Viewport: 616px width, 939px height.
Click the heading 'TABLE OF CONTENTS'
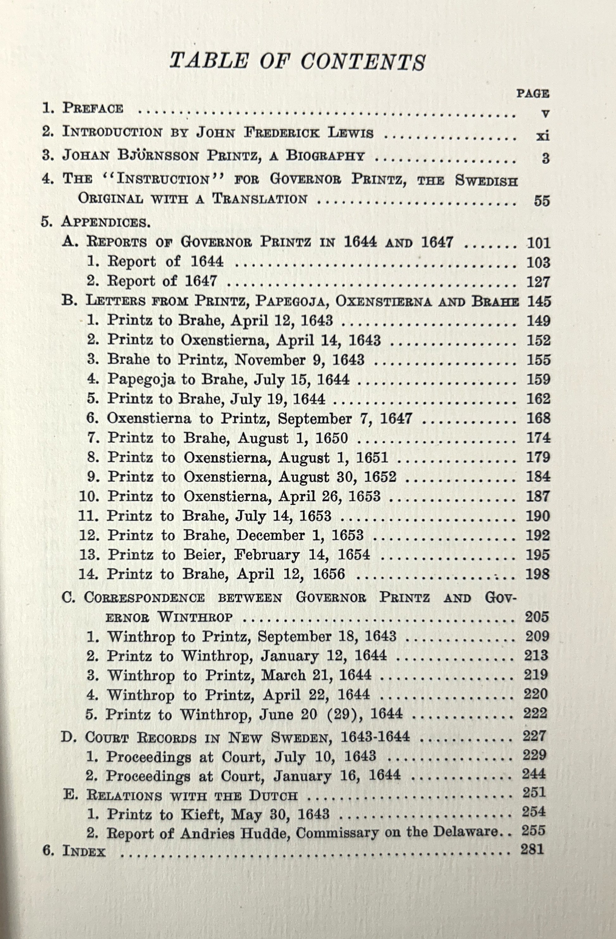point(297,62)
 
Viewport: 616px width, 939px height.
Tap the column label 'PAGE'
point(533,94)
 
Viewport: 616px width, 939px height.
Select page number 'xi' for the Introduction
point(543,136)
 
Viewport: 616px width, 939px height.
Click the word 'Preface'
point(93,108)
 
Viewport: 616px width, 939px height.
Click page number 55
point(542,201)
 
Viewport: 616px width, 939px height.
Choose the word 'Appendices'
point(105,222)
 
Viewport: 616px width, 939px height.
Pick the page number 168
point(538,418)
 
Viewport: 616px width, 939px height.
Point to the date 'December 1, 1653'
point(300,535)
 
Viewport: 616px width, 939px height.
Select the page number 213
point(536,655)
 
